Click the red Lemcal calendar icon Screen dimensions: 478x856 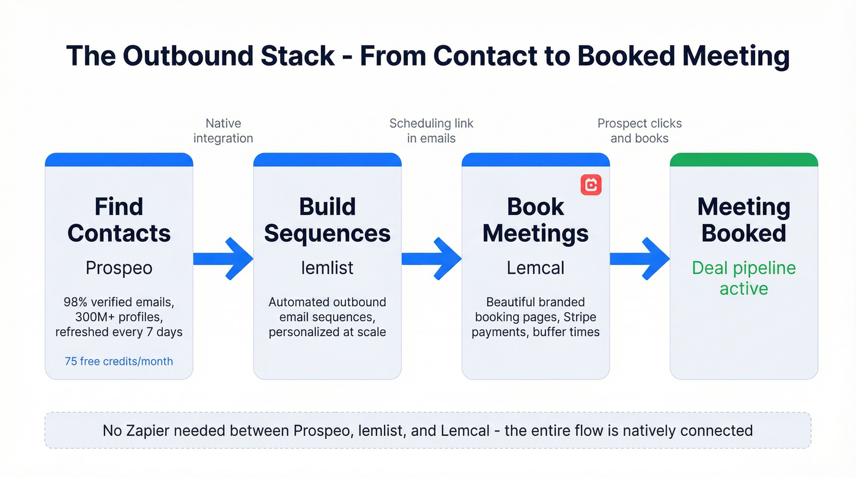coord(591,185)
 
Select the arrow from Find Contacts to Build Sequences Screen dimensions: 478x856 coord(224,259)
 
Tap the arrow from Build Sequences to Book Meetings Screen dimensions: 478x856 coord(432,259)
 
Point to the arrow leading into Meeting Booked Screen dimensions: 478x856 coord(640,259)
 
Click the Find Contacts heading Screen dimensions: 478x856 coord(119,220)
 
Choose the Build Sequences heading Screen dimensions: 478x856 coord(327,220)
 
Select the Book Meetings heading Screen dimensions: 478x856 coord(536,220)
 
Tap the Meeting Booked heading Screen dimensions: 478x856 coord(743,220)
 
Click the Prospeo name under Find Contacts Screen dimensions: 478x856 coord(119,268)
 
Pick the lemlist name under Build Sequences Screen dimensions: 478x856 coord(327,268)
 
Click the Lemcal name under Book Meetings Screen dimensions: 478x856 coord(536,268)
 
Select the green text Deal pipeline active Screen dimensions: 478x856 coord(743,278)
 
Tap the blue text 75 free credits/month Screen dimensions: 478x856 coord(119,361)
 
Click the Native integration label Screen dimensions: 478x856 coord(223,131)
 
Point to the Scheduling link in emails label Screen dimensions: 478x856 coord(431,131)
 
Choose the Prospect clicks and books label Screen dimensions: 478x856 coord(640,131)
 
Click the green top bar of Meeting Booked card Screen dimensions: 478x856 coord(743,160)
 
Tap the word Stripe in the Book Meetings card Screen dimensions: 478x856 coord(580,317)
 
